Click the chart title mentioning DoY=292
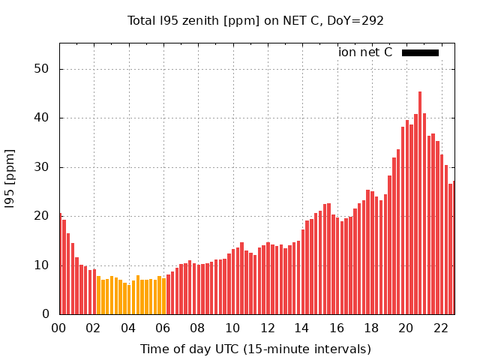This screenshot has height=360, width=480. [256, 20]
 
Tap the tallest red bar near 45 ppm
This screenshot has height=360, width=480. [420, 202]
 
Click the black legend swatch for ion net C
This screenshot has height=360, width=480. [420, 52]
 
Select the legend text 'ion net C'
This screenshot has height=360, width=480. [365, 52]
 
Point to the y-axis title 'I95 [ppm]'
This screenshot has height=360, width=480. [10, 178]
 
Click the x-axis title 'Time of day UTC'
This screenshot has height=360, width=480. [256, 349]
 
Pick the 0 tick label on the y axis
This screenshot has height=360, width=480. [45, 314]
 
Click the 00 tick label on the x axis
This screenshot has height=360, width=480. [59, 328]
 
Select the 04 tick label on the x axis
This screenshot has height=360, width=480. [128, 328]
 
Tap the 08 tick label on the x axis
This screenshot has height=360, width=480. [198, 328]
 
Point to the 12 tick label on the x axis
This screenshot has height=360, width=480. [268, 328]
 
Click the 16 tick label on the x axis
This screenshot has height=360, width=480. [337, 328]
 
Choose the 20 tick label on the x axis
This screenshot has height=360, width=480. [406, 328]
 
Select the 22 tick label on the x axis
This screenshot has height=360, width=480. [441, 328]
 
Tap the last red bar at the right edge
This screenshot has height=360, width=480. [454, 247]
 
